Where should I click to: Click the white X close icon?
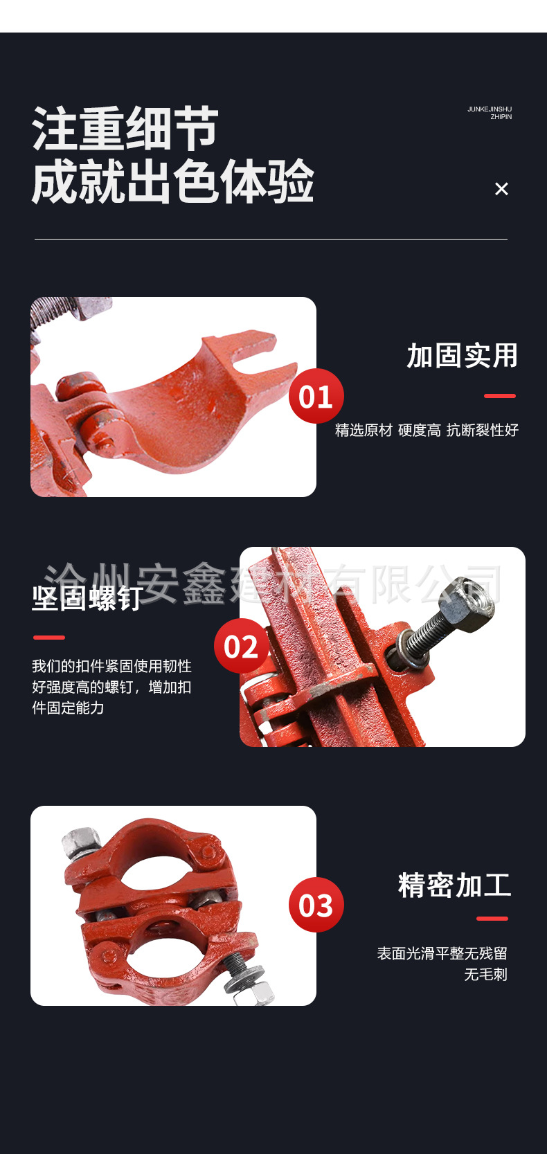[501, 189]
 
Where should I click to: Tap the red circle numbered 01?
[316, 396]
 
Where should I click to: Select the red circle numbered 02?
[241, 646]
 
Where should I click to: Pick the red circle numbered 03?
[316, 905]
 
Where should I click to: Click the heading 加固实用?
[462, 356]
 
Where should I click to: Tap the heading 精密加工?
[454, 885]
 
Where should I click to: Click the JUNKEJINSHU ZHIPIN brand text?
[490, 113]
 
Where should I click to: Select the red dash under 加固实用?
[499, 396]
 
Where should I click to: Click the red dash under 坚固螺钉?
[49, 637]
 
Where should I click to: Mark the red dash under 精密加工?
[492, 919]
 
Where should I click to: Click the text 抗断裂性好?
[483, 430]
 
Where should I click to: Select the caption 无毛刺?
[485, 975]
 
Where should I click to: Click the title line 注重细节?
[125, 129]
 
